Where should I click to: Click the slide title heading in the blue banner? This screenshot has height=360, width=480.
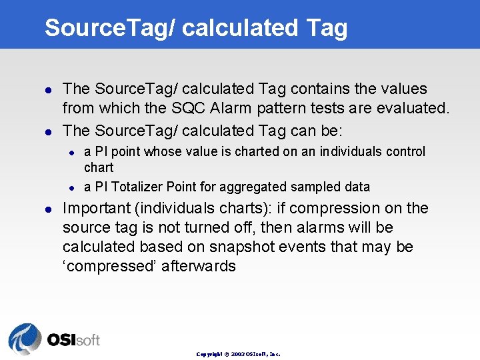click(196, 27)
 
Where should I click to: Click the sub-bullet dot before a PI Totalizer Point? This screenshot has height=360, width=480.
click(73, 187)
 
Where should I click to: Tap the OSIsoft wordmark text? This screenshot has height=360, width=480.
click(73, 340)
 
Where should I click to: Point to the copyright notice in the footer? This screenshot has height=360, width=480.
click(238, 354)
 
